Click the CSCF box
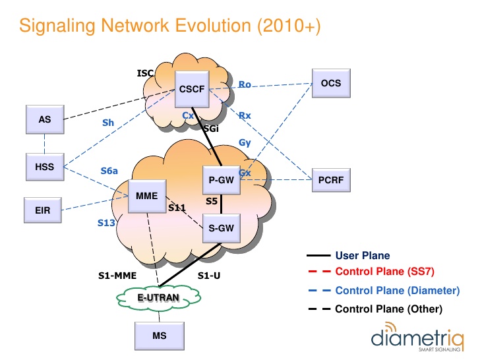(x=193, y=89)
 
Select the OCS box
(x=331, y=84)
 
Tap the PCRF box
(x=331, y=179)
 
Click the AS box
(x=45, y=120)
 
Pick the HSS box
(x=45, y=167)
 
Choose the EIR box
(x=44, y=212)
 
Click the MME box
(x=146, y=196)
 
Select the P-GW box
(x=221, y=180)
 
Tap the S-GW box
(x=221, y=227)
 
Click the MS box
(x=159, y=336)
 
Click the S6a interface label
(x=109, y=171)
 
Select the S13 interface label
(x=106, y=223)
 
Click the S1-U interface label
(x=210, y=276)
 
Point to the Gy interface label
(x=245, y=142)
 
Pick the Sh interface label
(x=108, y=123)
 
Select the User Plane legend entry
(x=362, y=255)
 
